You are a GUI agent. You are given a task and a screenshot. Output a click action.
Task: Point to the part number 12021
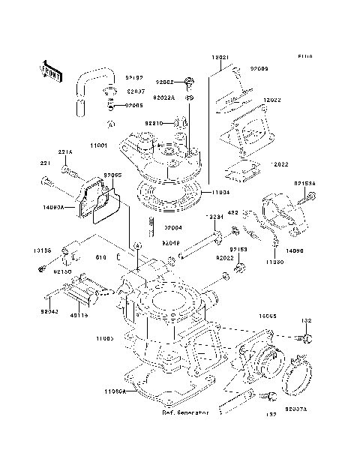(219, 57)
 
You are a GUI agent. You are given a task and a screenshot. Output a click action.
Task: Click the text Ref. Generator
(185, 413)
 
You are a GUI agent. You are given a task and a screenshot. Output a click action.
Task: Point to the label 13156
(42, 250)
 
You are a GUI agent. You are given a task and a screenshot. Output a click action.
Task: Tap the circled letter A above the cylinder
(138, 247)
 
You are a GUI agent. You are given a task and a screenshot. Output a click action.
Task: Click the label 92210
(154, 121)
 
